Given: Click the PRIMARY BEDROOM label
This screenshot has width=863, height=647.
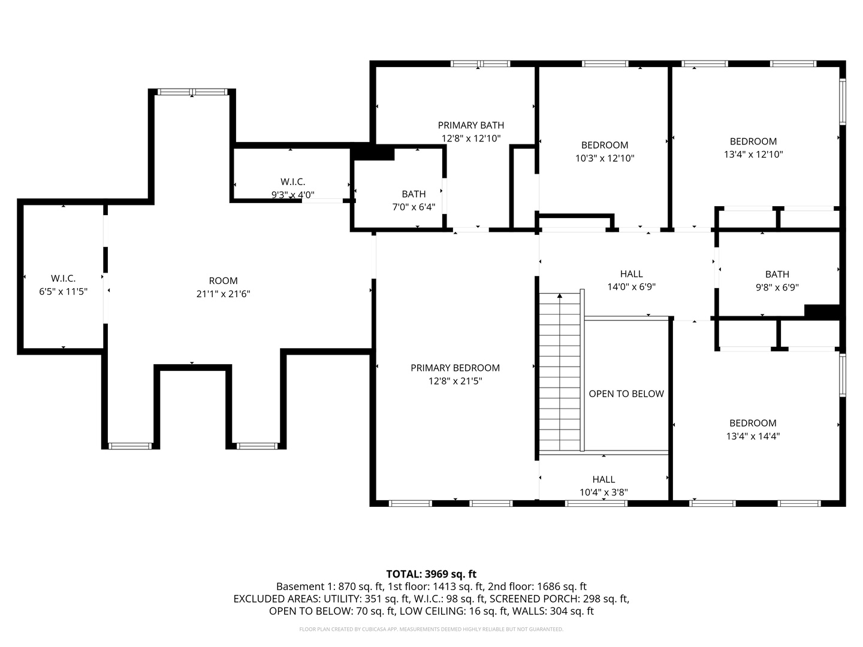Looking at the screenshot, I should (455, 368).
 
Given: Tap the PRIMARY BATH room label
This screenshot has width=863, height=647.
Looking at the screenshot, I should (470, 125).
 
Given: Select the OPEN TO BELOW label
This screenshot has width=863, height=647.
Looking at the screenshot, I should (626, 394).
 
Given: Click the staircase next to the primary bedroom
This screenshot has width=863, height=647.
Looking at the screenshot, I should (560, 371).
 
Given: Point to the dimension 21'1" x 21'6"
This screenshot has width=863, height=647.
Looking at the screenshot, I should (223, 294).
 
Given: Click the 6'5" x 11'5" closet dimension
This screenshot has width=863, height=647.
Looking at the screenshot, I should (63, 292).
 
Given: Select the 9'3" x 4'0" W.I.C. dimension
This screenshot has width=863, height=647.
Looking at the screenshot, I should (292, 195).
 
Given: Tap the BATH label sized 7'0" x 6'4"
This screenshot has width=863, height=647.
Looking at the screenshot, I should (414, 194).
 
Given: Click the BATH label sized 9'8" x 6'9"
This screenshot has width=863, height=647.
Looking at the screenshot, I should (777, 274).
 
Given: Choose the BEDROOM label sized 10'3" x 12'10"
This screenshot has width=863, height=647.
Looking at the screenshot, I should (604, 145).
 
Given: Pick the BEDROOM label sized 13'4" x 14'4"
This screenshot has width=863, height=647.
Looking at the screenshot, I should (753, 423).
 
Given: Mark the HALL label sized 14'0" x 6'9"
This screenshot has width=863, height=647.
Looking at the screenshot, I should (631, 274).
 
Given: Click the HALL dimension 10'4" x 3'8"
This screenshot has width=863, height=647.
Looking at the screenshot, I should (604, 492).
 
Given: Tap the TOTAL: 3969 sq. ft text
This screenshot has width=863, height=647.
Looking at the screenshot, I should (431, 574).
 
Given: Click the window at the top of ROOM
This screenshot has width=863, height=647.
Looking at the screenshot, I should (192, 92).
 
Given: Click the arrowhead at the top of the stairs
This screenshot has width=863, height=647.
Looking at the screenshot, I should (560, 296).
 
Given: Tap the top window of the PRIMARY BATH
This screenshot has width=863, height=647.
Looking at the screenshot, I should (480, 64).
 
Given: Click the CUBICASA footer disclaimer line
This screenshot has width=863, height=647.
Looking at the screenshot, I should (431, 630).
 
